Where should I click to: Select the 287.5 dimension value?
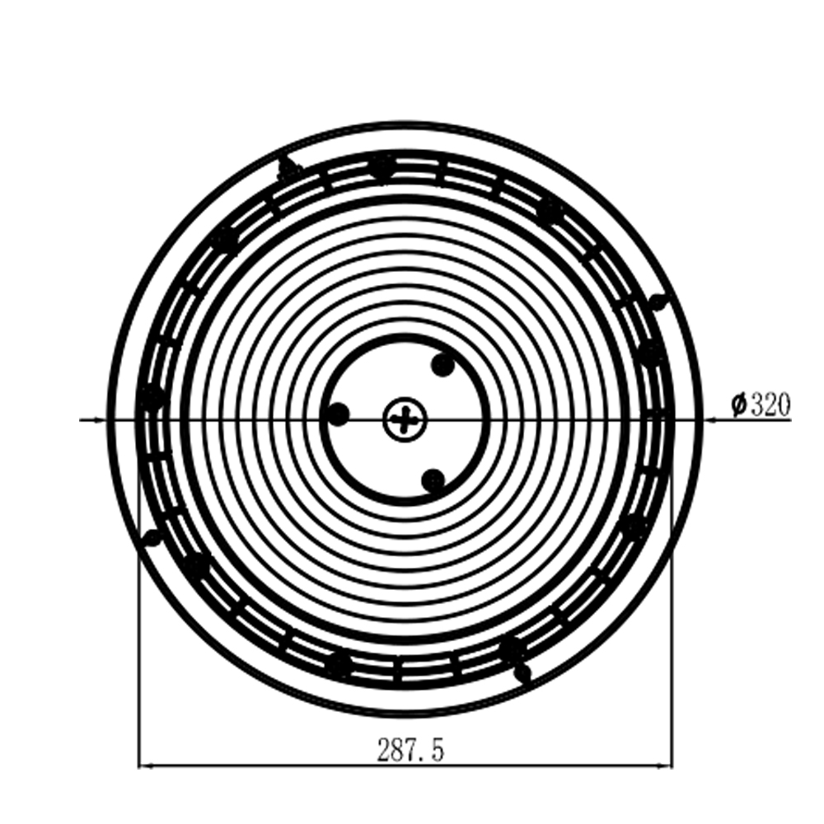[410, 750]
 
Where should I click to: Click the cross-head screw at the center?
[404, 419]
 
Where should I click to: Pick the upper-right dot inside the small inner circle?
[442, 365]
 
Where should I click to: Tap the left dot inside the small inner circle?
[338, 414]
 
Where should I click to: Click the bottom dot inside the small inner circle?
[433, 480]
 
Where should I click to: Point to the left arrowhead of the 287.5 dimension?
[145, 765]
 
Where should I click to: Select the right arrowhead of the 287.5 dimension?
[666, 765]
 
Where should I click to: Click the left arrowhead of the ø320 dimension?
[100, 419]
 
